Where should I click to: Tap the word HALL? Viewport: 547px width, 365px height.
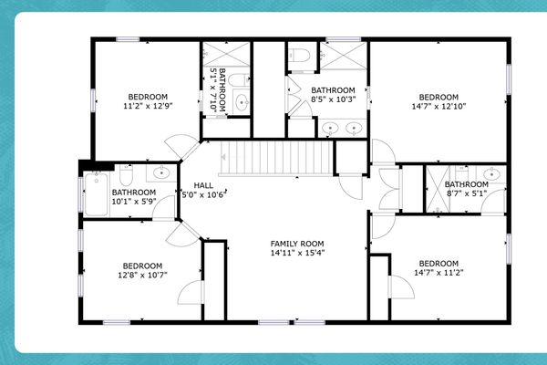[203, 185]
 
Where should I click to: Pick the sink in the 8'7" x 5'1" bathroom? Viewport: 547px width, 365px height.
[492, 173]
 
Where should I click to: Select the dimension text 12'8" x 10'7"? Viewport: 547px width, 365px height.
[141, 274]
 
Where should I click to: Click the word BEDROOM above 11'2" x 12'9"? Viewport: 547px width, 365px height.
[147, 97]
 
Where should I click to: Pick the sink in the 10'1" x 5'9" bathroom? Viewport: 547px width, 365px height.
[160, 172]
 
